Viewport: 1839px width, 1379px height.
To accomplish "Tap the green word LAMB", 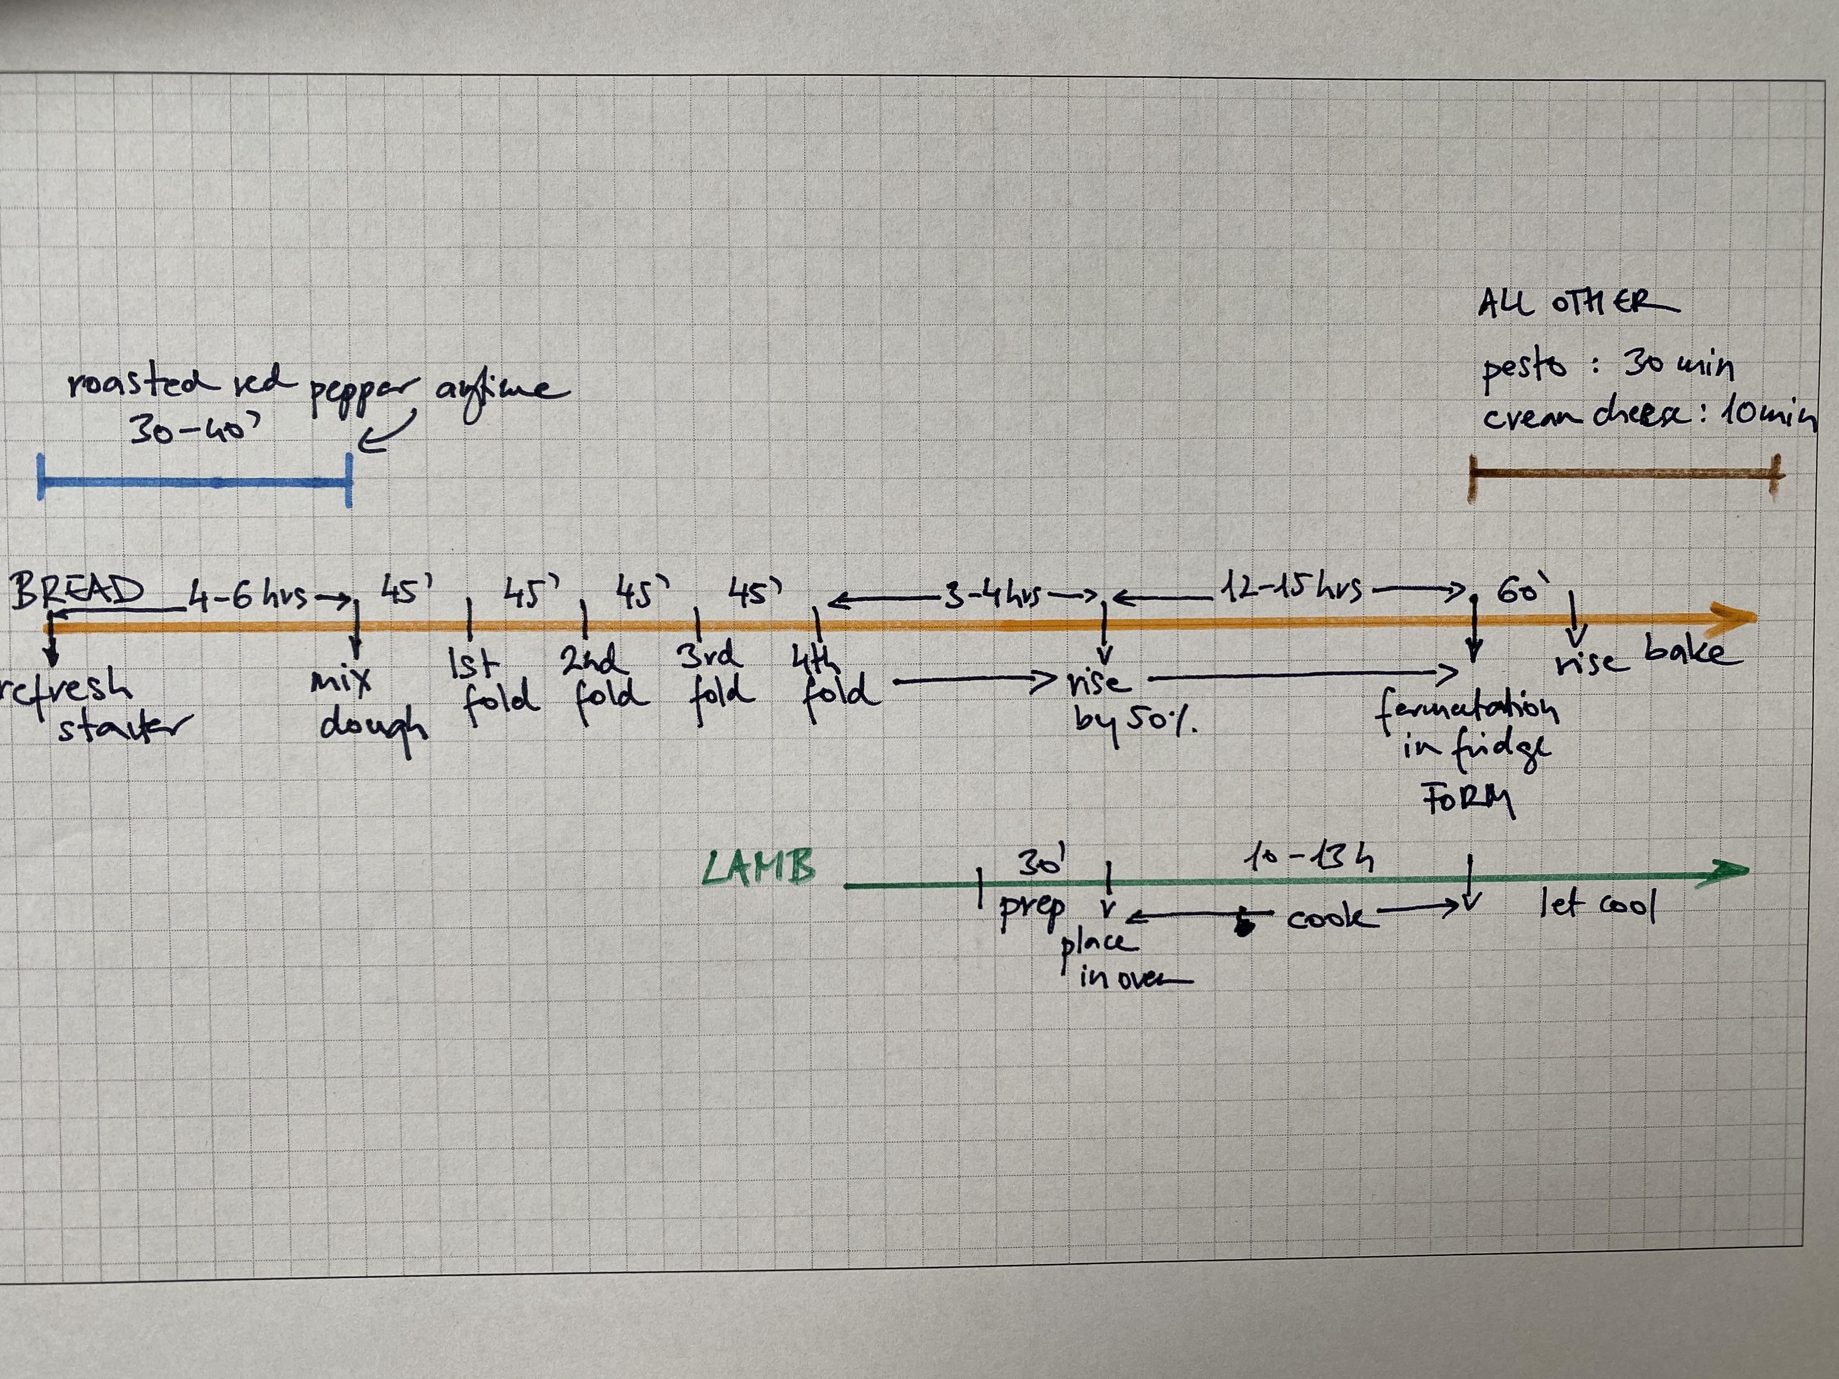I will pos(758,869).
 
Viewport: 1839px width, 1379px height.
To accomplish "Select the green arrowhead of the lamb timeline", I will pos(1728,870).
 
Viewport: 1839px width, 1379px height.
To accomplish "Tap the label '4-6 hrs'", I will pos(248,595).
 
